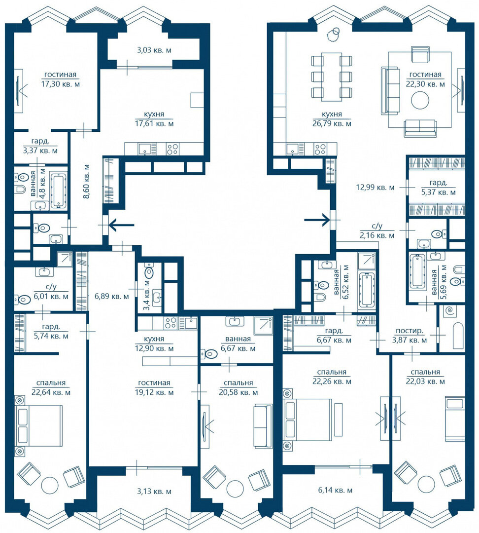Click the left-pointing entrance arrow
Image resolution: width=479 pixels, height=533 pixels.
[121, 225]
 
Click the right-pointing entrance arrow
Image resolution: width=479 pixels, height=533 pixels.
[317, 220]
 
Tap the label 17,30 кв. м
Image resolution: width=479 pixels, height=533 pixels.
[61, 84]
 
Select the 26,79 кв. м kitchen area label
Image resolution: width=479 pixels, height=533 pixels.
[332, 123]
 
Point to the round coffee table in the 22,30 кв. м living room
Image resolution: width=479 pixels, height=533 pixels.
[420, 100]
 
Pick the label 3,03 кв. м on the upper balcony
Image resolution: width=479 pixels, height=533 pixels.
[154, 50]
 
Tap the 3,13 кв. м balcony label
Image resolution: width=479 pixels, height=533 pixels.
[154, 492]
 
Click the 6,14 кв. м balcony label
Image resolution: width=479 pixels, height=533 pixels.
[335, 490]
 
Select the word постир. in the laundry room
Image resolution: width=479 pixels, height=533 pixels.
[410, 331]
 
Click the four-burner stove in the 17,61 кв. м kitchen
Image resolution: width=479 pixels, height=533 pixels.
[172, 149]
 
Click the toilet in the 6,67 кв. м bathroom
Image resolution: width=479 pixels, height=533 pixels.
[209, 354]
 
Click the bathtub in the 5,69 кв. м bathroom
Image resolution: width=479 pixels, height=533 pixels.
[417, 271]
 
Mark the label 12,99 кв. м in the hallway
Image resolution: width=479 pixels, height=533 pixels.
[375, 187]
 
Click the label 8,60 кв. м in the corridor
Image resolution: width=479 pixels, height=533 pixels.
[86, 181]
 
